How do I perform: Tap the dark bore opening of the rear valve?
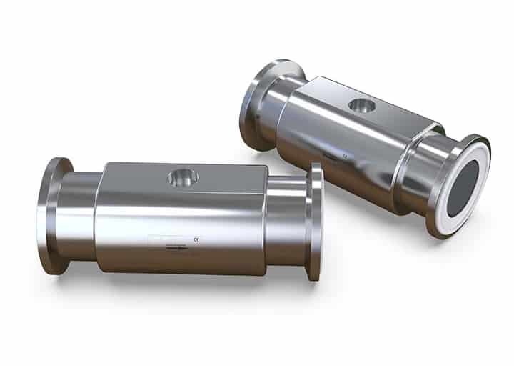tap(468, 187)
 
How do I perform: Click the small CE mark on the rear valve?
tap(346, 152)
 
